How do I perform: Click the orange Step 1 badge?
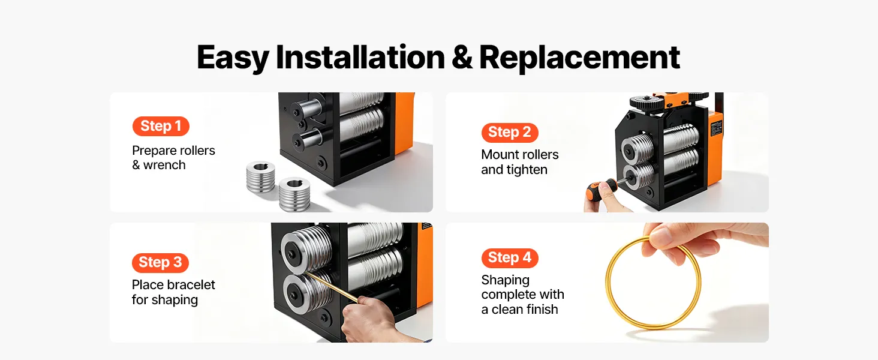[161, 126]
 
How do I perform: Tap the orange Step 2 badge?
[510, 133]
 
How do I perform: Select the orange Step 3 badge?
[160, 262]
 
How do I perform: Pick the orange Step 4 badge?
[510, 258]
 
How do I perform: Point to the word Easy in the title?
[233, 58]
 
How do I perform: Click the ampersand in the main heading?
[462, 57]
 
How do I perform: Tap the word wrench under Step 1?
[164, 165]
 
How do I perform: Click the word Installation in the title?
[360, 57]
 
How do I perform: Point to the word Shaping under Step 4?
[505, 280]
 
